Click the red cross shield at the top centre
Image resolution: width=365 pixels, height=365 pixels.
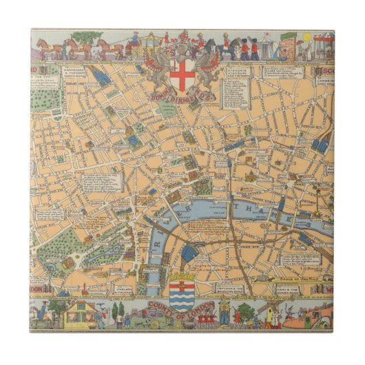pos(182,74)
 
